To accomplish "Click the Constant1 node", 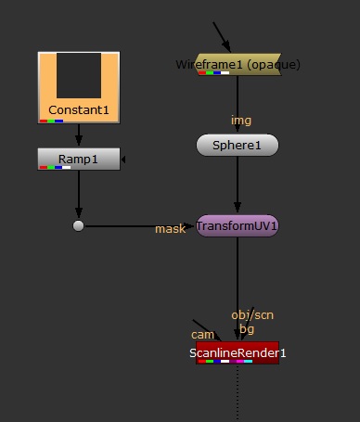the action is point(79,110).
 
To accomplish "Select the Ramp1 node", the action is point(79,159).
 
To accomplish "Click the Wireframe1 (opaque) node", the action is point(238,65).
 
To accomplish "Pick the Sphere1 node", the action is point(238,145).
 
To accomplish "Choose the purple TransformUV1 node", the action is point(238,225).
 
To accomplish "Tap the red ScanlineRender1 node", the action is point(238,352).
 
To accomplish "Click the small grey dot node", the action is point(79,225).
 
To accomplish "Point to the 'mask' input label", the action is point(170,228).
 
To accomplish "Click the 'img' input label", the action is point(241,121).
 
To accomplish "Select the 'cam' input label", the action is point(202,334).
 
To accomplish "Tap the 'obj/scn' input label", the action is point(252,315).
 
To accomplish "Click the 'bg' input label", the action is point(246,328).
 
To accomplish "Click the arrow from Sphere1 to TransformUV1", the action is point(238,185).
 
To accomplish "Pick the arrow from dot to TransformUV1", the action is point(139,225).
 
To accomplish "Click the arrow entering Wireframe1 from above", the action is point(223,37).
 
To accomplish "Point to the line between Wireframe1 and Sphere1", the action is point(238,102).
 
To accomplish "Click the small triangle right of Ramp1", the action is point(124,159).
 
